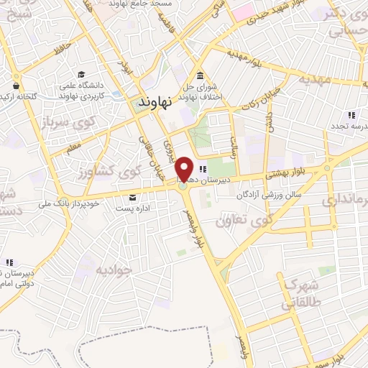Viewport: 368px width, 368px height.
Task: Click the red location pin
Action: click(x=185, y=169)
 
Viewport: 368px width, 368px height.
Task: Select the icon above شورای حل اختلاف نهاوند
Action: click(x=199, y=77)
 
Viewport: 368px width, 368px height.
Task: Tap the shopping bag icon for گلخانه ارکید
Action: click(x=14, y=78)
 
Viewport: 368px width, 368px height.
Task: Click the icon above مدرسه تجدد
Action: click(x=351, y=115)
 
